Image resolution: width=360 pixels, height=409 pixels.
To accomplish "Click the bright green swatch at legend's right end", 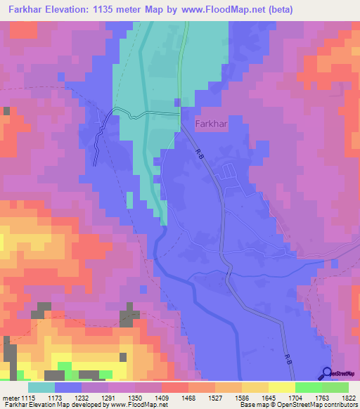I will pos(335,387).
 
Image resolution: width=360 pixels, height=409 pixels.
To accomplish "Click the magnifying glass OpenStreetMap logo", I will pos(327,374).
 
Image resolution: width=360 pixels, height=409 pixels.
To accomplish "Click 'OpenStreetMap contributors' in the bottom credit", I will pos(316,405).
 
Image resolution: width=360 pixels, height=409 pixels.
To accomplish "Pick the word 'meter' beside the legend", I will pos(10,398).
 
